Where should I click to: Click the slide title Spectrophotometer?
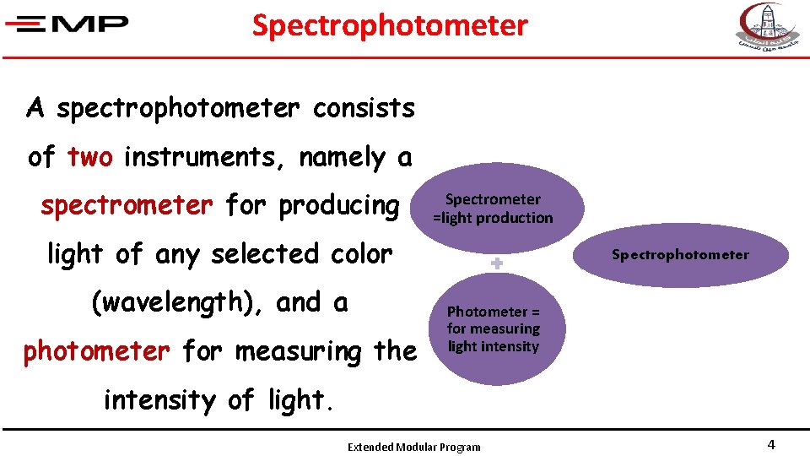coord(390,26)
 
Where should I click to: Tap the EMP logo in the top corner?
coord(67,24)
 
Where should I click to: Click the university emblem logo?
coord(765,27)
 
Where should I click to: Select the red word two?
coord(89,157)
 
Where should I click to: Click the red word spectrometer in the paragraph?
coord(127,205)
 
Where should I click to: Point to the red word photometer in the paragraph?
coord(96,351)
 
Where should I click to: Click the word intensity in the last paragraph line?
coord(158,399)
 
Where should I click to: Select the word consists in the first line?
coord(364,108)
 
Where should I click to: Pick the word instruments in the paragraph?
coord(202,157)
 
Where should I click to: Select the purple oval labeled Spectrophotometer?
coord(680,255)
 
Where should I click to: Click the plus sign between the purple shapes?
coord(497,264)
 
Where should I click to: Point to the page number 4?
coord(770,445)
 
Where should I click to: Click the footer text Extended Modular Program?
coord(413,447)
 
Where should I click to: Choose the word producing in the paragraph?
coord(338,205)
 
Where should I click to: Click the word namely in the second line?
coord(341,157)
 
